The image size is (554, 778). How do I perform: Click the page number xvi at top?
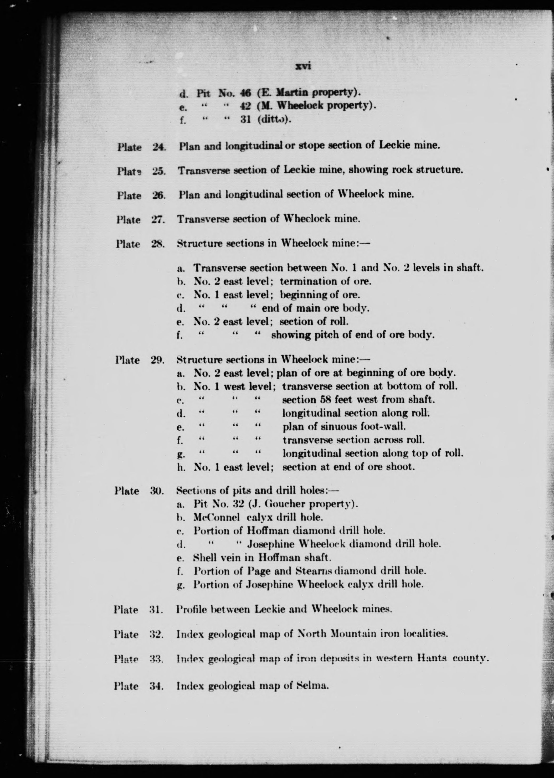coord(303,66)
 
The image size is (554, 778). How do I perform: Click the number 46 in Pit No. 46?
coord(245,93)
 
